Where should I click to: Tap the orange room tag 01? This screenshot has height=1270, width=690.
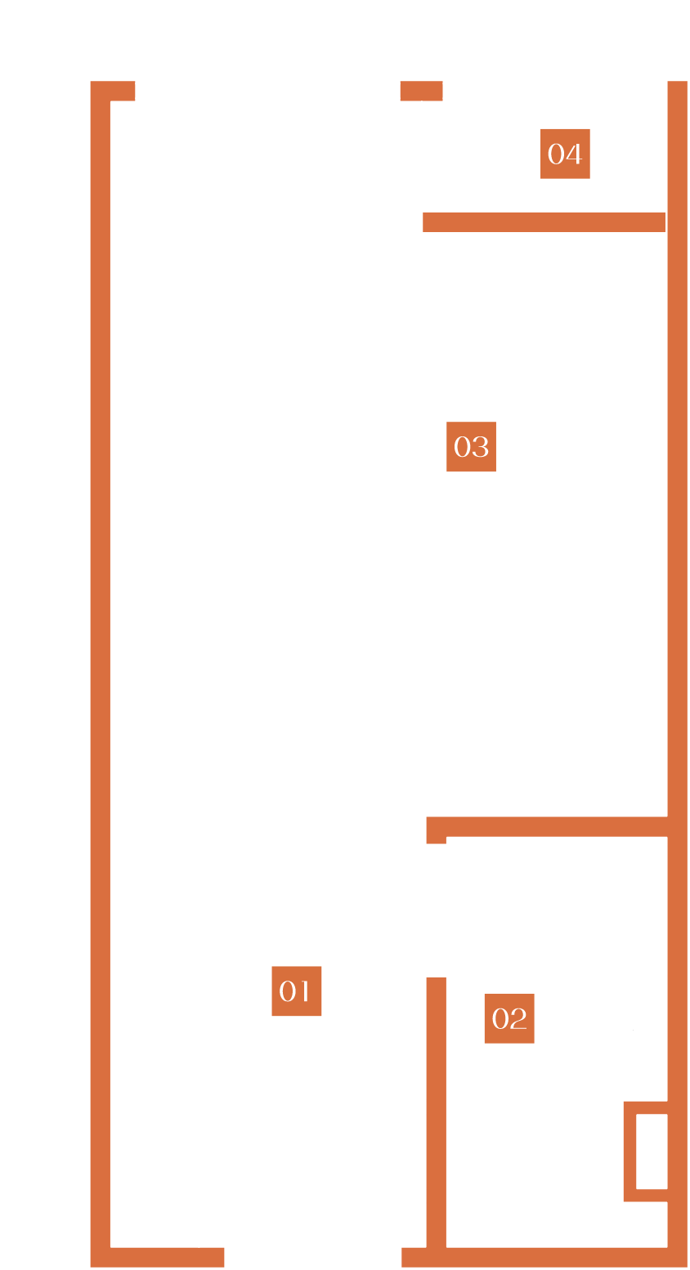point(296,991)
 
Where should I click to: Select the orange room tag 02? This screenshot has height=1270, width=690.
point(509,1018)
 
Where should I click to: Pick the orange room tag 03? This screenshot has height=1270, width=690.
point(471,446)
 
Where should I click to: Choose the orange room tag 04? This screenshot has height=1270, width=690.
point(565,154)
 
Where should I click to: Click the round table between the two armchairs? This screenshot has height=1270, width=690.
point(244,172)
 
